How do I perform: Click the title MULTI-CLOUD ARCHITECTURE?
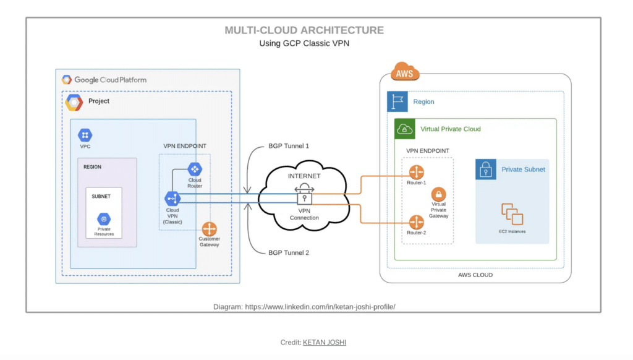(x=304, y=30)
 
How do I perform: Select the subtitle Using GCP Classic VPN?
(x=304, y=44)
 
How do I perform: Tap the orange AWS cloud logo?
(x=405, y=74)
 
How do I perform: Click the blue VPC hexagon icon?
(x=85, y=135)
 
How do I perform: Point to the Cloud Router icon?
(x=195, y=169)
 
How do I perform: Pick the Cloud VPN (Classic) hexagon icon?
(x=172, y=199)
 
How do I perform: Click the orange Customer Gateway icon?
(x=209, y=228)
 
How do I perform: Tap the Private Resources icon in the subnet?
(x=104, y=219)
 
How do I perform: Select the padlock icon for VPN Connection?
(x=304, y=197)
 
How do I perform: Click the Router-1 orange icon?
(x=416, y=172)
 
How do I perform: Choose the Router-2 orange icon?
(x=416, y=221)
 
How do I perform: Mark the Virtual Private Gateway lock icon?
(x=438, y=194)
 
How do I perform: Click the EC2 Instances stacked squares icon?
(x=512, y=214)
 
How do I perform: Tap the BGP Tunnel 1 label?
(x=289, y=146)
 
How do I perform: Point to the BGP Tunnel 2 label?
(x=289, y=253)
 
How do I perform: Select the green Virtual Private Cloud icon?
(x=405, y=129)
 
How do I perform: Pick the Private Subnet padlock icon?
(x=486, y=169)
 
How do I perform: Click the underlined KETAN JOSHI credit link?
(x=328, y=342)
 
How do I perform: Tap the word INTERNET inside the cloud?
(x=304, y=176)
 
